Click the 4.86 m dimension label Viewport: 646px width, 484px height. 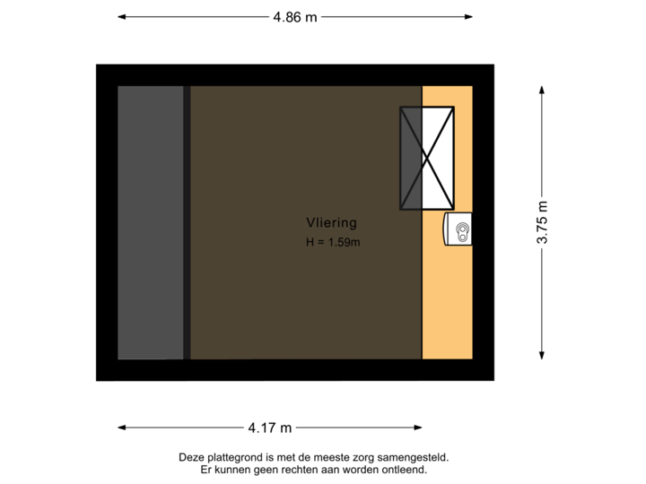tap(295, 16)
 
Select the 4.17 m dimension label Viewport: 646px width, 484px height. tap(270, 428)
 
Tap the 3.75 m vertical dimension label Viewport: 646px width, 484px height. tap(542, 222)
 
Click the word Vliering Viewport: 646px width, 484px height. tap(331, 223)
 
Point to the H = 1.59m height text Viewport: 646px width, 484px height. tap(332, 241)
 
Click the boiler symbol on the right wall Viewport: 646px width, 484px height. tap(459, 230)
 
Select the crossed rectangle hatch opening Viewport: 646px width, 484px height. tap(426, 158)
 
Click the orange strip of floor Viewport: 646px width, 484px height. tap(447, 296)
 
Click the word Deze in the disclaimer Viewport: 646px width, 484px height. tap(191, 457)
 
